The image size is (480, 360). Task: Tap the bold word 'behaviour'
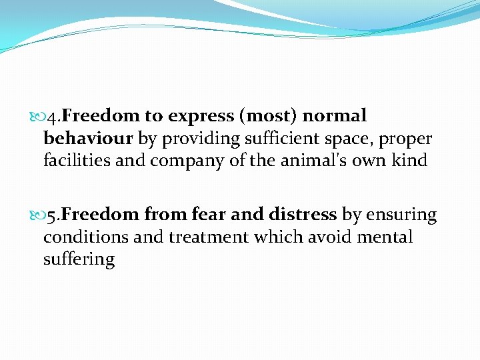pyautogui.click(x=89, y=139)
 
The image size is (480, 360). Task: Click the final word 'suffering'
pyautogui.click(x=79, y=259)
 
